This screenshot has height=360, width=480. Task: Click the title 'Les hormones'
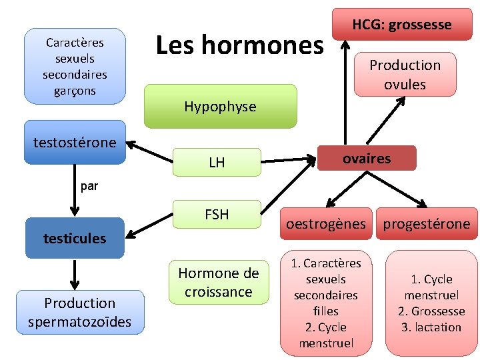[x=239, y=45]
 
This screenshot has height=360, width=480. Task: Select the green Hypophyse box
[x=220, y=106]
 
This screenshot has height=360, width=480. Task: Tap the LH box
[x=217, y=162]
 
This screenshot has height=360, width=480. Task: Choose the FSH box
[x=217, y=215]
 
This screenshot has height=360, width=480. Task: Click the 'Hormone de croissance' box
[x=218, y=282]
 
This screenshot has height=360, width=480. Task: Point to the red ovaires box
[x=367, y=158]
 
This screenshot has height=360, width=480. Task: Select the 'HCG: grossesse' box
[x=401, y=25]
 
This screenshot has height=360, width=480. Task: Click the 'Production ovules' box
[x=405, y=75]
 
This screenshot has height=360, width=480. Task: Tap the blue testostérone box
[x=75, y=142]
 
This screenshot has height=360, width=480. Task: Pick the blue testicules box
[x=75, y=238]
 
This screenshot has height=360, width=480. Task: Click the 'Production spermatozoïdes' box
[x=80, y=313]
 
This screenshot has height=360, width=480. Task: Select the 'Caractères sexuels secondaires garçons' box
[x=75, y=66]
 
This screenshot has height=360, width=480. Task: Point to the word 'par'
[x=89, y=187]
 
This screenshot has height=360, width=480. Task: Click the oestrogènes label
[x=326, y=224]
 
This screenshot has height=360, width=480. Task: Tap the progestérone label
[x=426, y=224]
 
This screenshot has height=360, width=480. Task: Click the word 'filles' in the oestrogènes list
[x=325, y=311]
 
